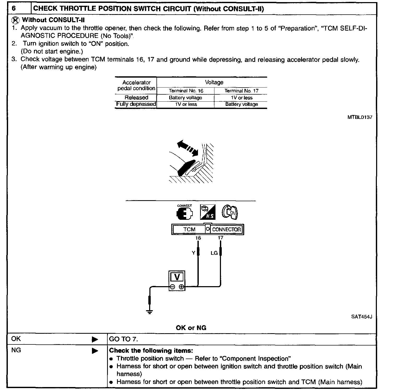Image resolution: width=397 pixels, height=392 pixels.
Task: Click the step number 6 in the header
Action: tap(14, 8)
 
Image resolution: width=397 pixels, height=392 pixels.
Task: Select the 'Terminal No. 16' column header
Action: tap(186, 91)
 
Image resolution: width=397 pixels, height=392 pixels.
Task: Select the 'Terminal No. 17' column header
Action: tap(241, 91)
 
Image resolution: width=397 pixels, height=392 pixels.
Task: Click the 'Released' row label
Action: tap(136, 97)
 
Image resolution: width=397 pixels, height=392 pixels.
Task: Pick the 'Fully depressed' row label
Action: tap(136, 104)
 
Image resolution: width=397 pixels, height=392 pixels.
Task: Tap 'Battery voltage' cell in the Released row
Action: tap(185, 98)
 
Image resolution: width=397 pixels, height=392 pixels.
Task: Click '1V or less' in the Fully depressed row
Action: tap(186, 104)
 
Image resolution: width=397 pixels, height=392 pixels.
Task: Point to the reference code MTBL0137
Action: tap(360, 117)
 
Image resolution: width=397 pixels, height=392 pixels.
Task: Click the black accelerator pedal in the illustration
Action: tap(186, 167)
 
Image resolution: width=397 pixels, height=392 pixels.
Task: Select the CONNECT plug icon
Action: tap(184, 213)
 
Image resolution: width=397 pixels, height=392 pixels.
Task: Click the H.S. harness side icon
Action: tap(208, 212)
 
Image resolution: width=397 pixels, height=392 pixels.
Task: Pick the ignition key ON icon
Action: tap(230, 212)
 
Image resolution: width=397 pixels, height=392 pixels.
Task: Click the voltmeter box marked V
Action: tap(177, 280)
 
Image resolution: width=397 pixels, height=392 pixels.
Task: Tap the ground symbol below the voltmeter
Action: tap(150, 311)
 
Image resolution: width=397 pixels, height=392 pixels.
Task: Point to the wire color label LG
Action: tap(214, 253)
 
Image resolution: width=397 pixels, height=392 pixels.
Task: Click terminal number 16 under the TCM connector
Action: tap(198, 238)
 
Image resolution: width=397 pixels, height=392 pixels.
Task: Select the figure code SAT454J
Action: tap(361, 317)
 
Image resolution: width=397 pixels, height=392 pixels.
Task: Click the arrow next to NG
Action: tap(95, 351)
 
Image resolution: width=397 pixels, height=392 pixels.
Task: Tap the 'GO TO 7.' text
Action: tap(123, 339)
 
